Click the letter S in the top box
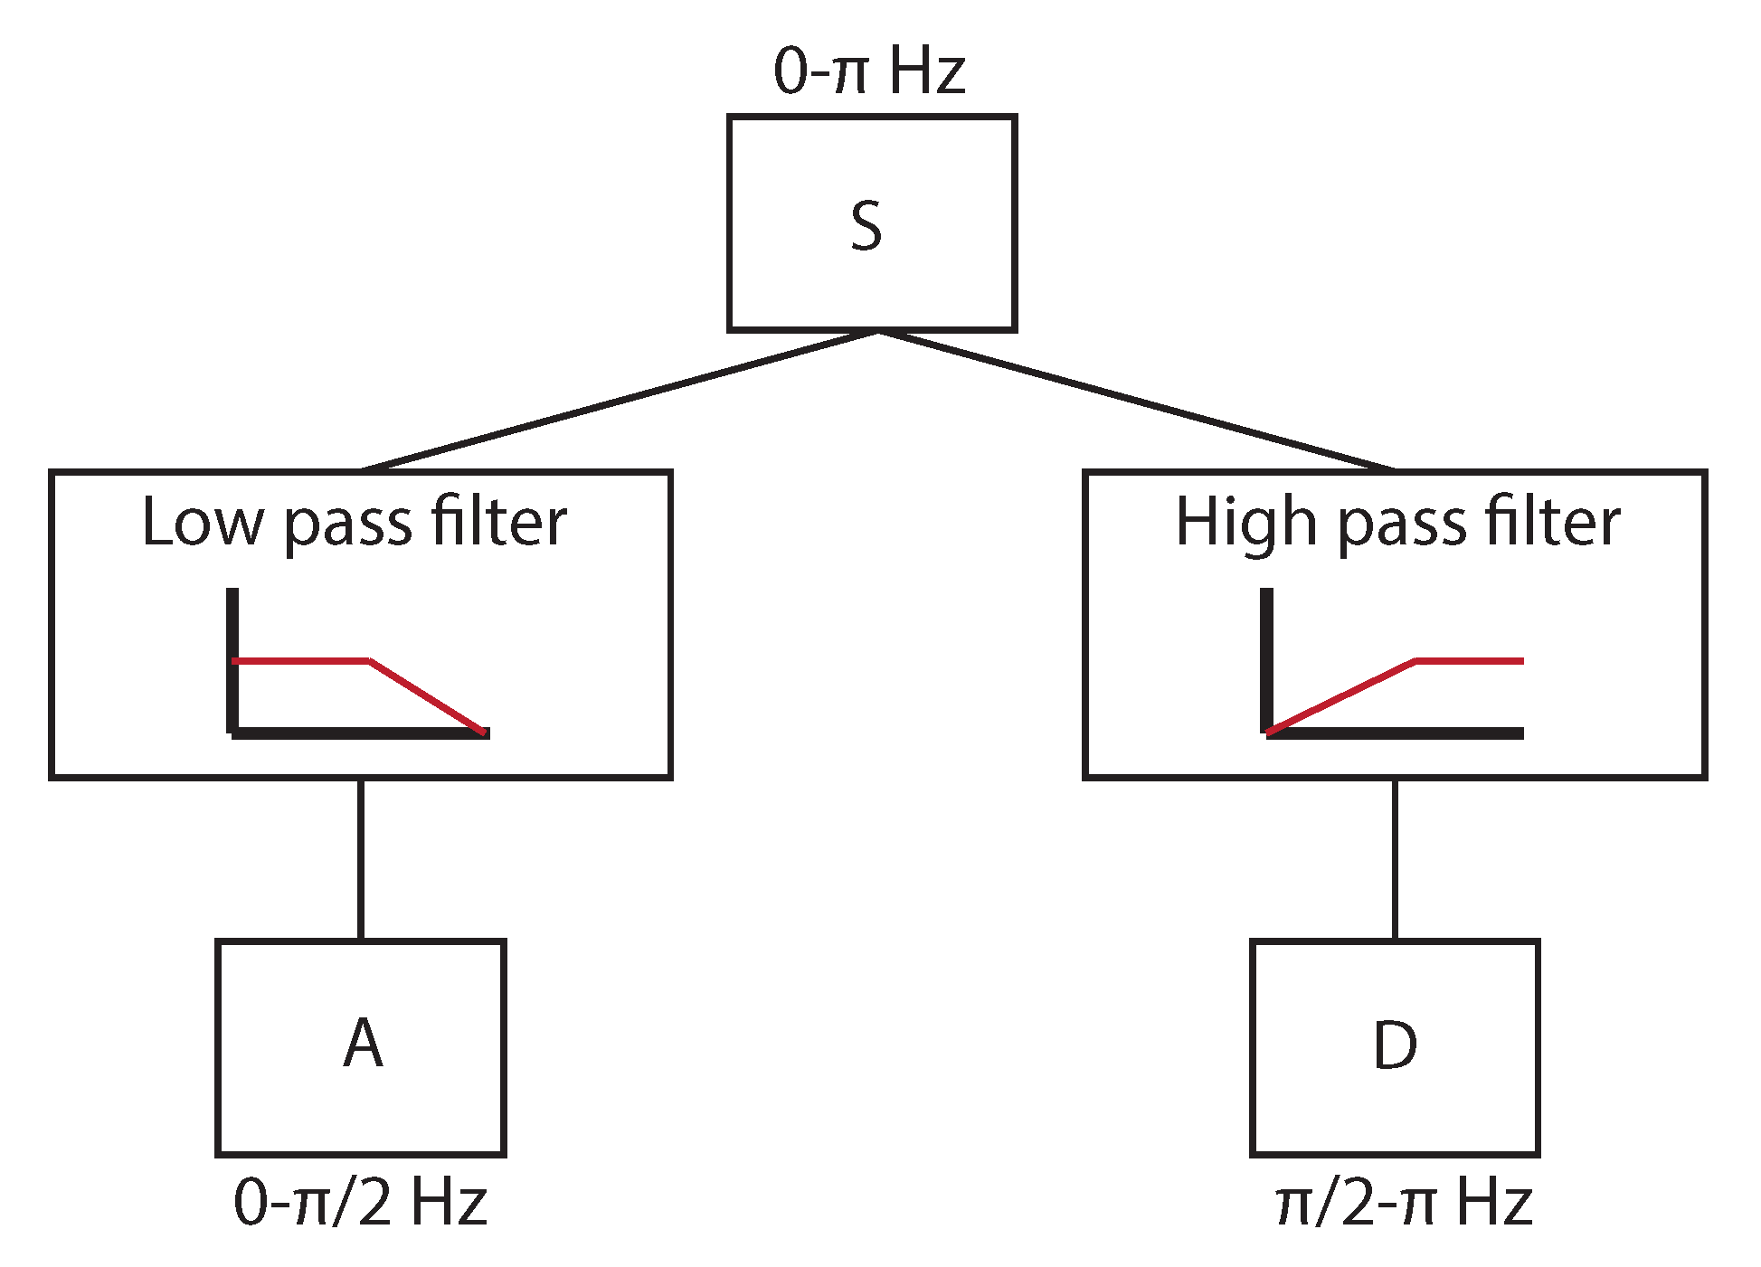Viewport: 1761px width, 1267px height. tap(866, 226)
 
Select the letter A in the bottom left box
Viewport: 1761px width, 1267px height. tap(363, 1044)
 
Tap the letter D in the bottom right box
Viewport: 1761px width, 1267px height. tap(1395, 1045)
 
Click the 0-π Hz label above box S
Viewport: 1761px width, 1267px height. tap(868, 71)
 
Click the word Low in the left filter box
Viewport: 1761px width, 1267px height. tap(204, 523)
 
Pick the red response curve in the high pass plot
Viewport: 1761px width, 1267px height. tap(1339, 697)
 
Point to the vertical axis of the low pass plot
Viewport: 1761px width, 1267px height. tap(232, 651)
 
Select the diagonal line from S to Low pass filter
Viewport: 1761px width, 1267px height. tap(620, 401)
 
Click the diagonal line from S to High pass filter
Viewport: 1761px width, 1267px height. tap(1135, 401)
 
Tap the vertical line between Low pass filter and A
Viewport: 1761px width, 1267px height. tap(361, 859)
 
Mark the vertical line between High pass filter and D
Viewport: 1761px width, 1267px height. tap(1395, 859)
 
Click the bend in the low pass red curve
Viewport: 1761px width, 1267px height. tap(370, 662)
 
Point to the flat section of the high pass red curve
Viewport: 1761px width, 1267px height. tap(1470, 661)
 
